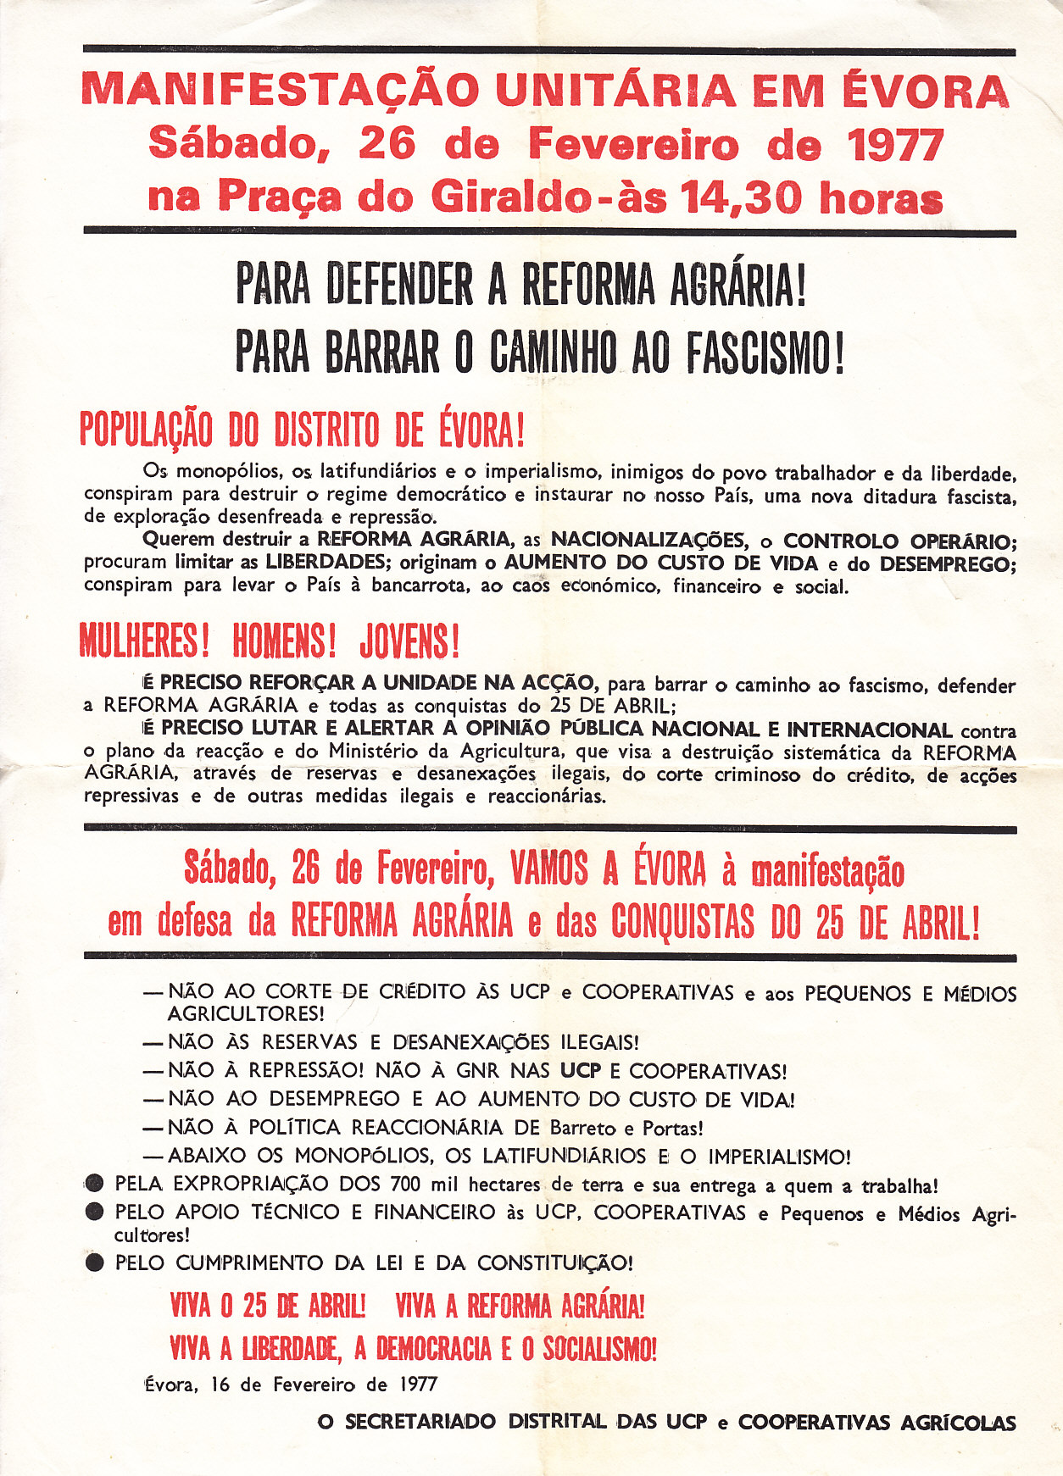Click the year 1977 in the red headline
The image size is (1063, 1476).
tap(895, 144)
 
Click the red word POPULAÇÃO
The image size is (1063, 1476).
tap(146, 430)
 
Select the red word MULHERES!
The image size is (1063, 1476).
tap(144, 641)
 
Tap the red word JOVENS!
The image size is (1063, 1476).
tap(409, 641)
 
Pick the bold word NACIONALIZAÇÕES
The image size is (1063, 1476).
tap(648, 540)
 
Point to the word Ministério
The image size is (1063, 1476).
tap(385, 752)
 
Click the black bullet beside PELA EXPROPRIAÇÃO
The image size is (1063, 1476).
tap(95, 1185)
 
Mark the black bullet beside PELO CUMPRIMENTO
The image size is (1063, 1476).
tap(95, 1263)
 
